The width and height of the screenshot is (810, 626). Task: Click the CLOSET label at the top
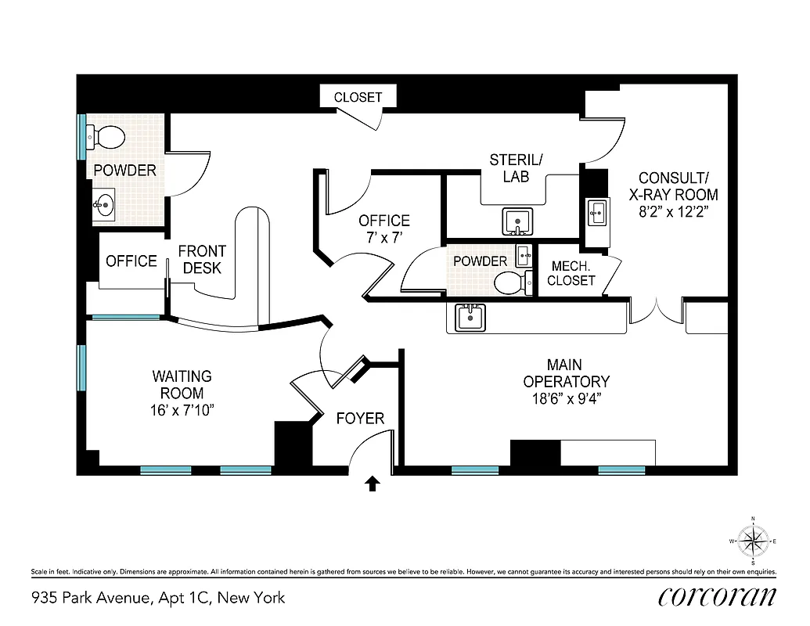358,97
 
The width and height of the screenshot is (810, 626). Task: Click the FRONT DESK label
202,260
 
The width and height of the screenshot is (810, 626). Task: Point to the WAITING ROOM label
182,385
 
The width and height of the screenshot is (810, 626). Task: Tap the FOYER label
360,419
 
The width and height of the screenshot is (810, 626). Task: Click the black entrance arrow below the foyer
373,484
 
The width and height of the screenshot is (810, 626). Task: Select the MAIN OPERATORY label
566,373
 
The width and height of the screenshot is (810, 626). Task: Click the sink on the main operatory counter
471,318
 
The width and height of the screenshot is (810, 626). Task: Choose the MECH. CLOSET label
571,273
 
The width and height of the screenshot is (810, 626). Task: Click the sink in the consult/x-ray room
596,211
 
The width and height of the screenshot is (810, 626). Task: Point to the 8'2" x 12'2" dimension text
674,212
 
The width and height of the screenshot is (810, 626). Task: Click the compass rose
753,541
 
